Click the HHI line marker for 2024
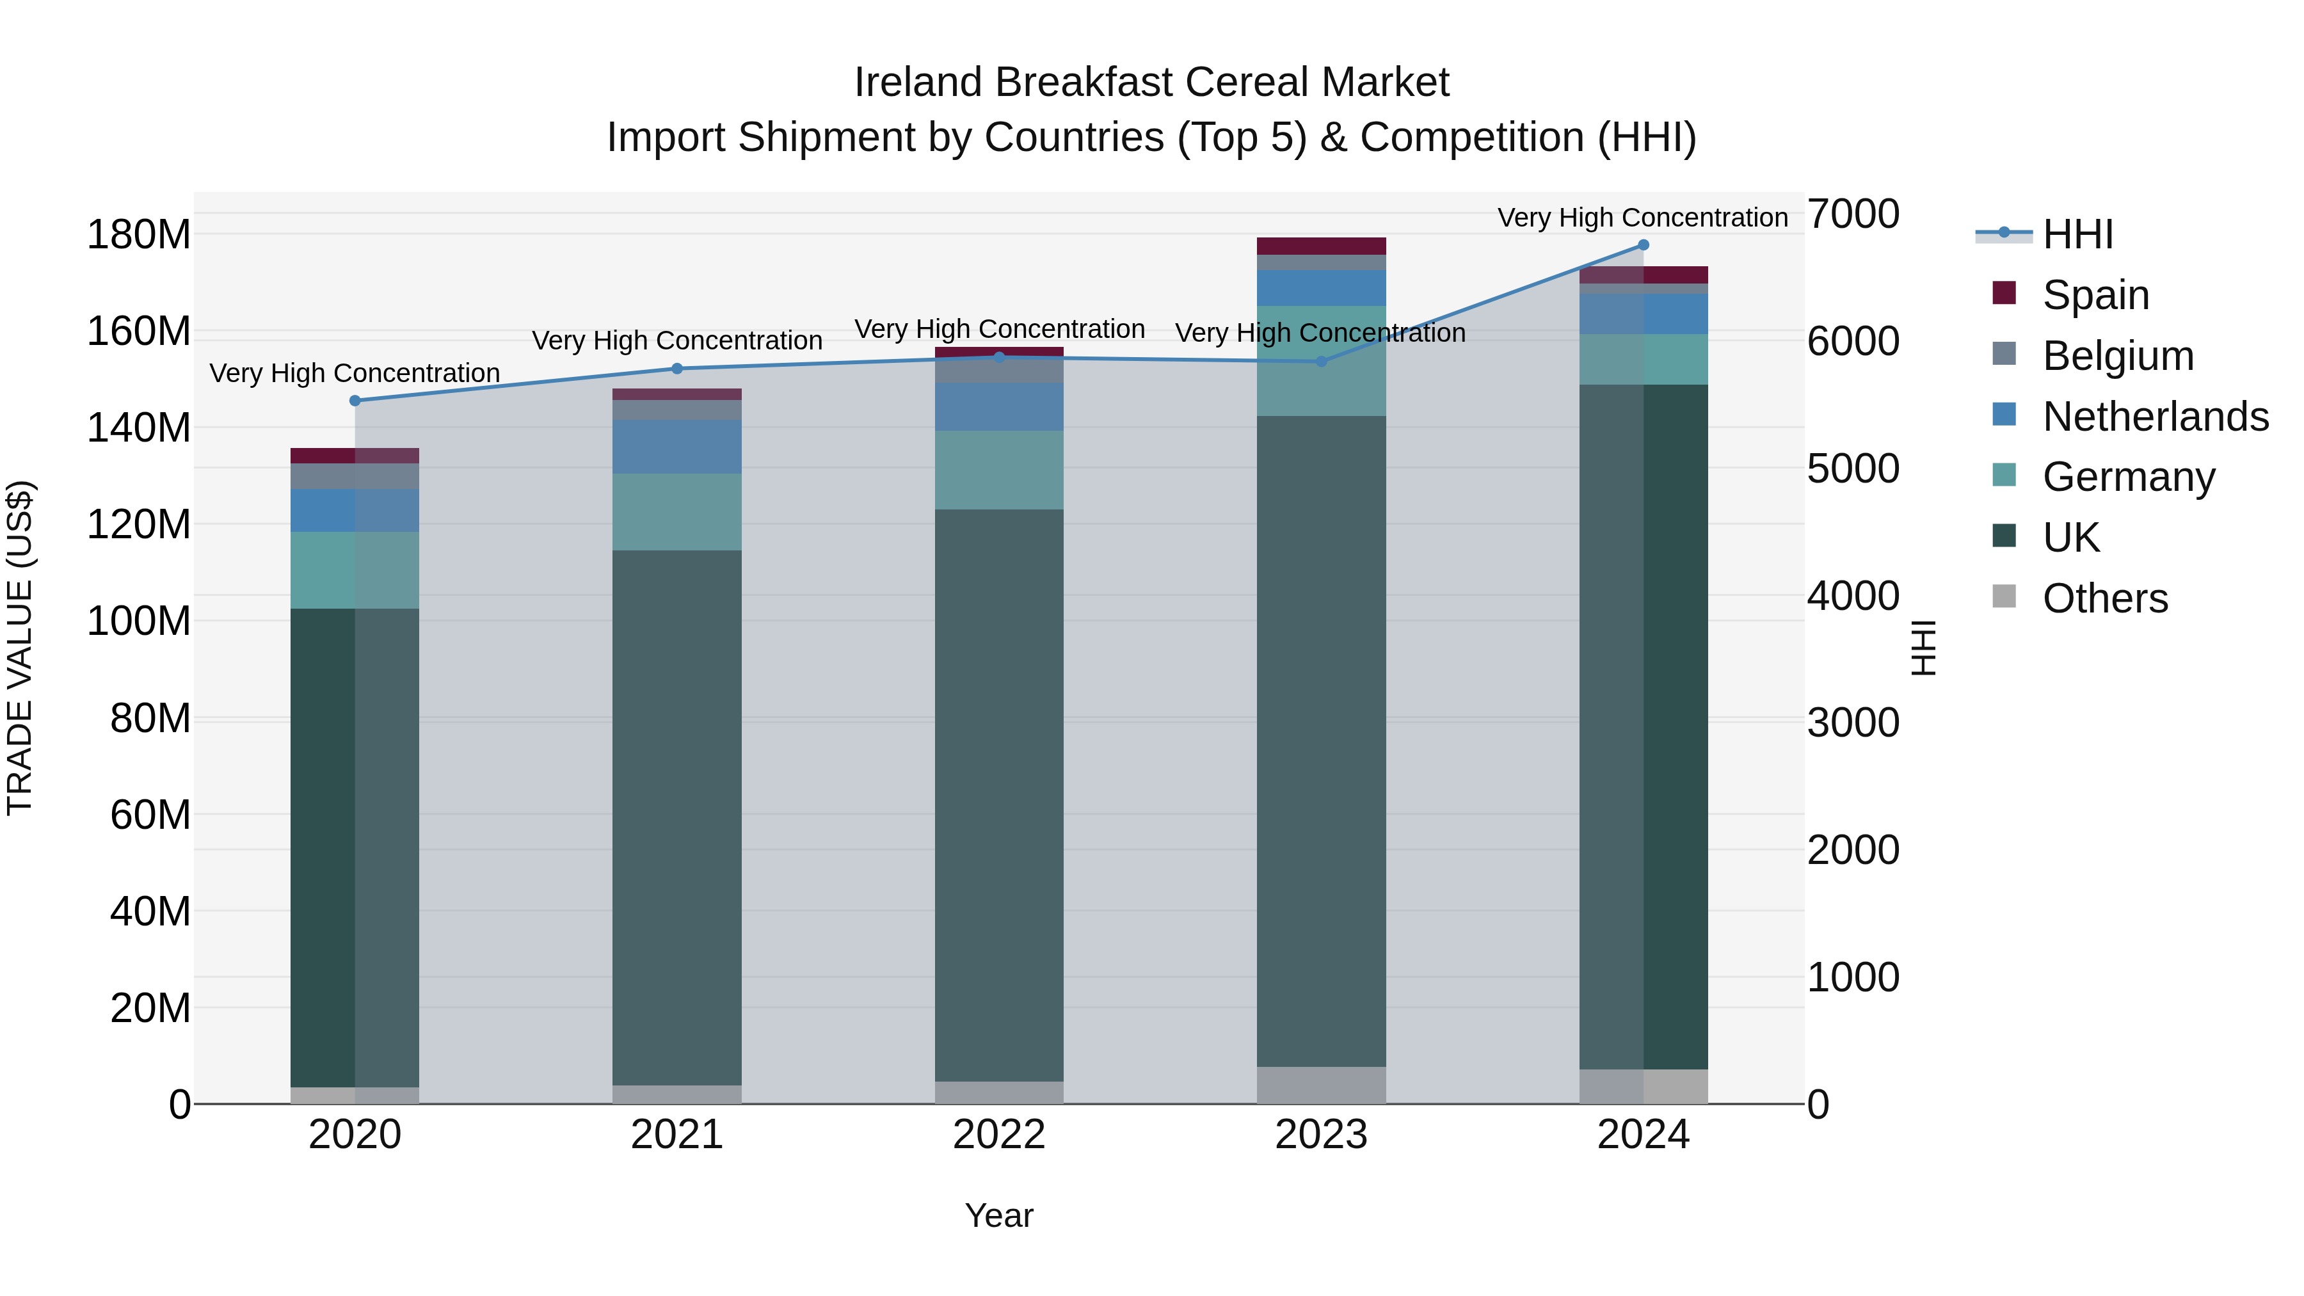(1643, 245)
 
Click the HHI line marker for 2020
(355, 401)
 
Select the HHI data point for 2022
(999, 357)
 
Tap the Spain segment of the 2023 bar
(1321, 246)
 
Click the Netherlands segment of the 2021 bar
(677, 446)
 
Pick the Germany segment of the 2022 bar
(999, 470)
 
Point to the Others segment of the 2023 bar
(1321, 1084)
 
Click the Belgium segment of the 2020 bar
(355, 476)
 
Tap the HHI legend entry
(2077, 234)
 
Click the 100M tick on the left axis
(139, 621)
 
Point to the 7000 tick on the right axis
(1852, 214)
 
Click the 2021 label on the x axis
(677, 1135)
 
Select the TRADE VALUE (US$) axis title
(20, 648)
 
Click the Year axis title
(999, 1215)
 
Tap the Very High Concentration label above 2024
(1643, 218)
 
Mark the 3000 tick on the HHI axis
(1852, 723)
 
